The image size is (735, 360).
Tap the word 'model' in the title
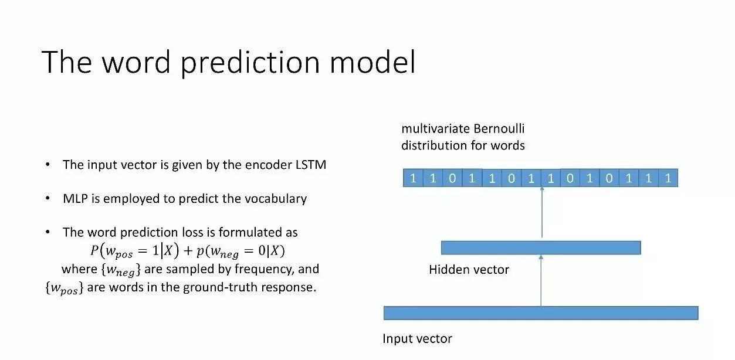pyautogui.click(x=372, y=62)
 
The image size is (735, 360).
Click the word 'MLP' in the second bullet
pyautogui.click(x=75, y=198)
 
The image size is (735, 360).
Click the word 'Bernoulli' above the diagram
pyautogui.click(x=499, y=128)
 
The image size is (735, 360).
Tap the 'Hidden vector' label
pyautogui.click(x=469, y=270)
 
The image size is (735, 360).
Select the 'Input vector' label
pyautogui.click(x=417, y=338)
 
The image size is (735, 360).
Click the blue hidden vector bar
pyautogui.click(x=541, y=247)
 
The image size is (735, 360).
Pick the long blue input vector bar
pyautogui.click(x=541, y=313)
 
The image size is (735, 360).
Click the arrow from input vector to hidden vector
pyautogui.click(x=541, y=281)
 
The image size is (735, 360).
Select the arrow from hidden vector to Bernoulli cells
pyautogui.click(x=542, y=212)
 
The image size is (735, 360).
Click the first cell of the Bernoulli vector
pyautogui.click(x=413, y=178)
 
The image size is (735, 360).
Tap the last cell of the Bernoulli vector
pyautogui.click(x=668, y=178)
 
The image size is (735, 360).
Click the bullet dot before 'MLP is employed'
pyautogui.click(x=48, y=198)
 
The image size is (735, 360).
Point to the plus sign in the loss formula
pyautogui.click(x=188, y=251)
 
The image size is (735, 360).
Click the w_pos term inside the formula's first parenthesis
pyautogui.click(x=119, y=252)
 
